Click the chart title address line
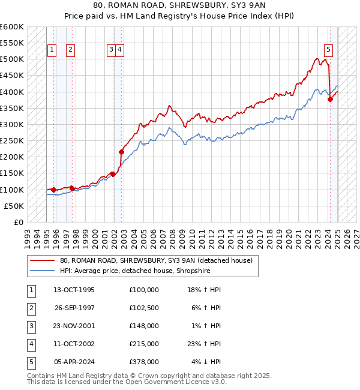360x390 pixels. [x=180, y=5]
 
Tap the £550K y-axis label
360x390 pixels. [x=12, y=43]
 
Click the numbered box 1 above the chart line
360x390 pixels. [x=52, y=50]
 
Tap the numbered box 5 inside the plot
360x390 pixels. [x=329, y=50]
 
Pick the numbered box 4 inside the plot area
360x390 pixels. [x=120, y=50]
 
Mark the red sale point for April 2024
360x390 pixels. [x=330, y=100]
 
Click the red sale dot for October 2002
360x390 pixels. [x=121, y=152]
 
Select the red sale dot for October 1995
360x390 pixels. [x=53, y=190]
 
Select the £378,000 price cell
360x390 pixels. [x=144, y=362]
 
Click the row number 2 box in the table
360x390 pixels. [x=31, y=308]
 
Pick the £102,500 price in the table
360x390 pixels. [x=144, y=308]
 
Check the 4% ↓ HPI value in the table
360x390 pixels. [x=206, y=362]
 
